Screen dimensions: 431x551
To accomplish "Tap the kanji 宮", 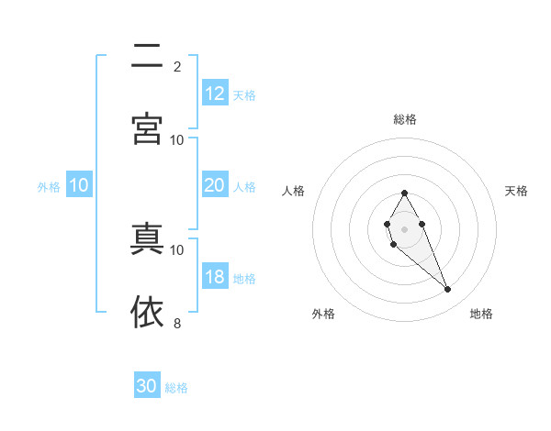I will click(147, 128).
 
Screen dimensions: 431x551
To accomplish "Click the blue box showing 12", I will click(215, 94).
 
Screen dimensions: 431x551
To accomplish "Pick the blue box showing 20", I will click(215, 185).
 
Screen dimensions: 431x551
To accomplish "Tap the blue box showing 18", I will click(215, 277).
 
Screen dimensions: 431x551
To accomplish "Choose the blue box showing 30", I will click(147, 386).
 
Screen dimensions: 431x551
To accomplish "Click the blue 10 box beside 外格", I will click(79, 185).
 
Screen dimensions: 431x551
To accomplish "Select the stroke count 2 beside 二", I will click(177, 67).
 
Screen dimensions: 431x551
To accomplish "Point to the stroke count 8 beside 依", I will click(177, 323).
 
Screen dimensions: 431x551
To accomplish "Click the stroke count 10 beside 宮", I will click(177, 139).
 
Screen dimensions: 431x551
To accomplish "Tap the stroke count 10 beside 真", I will click(177, 249).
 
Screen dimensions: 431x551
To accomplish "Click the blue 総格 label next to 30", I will click(176, 388).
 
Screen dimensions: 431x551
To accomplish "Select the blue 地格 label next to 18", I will click(244, 279).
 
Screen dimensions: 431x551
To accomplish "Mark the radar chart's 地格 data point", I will click(448, 290).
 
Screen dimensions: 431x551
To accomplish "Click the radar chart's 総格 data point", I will click(404, 193).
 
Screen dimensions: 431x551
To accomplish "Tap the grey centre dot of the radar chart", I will click(404, 227).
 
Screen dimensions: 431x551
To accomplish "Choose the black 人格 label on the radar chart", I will click(294, 191).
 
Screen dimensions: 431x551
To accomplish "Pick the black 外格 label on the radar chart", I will click(323, 314).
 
